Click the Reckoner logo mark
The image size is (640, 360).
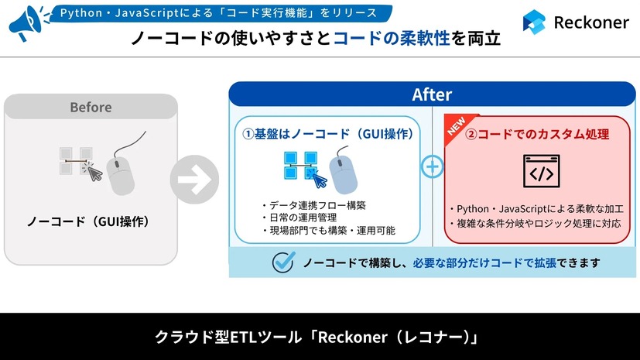534,22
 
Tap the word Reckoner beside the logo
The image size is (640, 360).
591,22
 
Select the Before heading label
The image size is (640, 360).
91,108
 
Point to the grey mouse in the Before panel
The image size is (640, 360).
124,171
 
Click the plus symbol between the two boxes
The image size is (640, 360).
433,166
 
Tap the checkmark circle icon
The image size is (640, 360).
284,262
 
